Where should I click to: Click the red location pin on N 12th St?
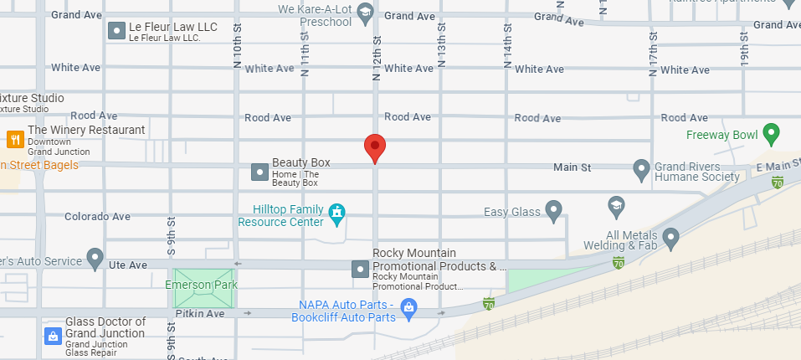point(375,147)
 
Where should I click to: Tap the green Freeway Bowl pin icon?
point(771,133)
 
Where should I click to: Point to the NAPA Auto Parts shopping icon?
point(408,307)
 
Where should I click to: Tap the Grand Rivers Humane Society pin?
point(642,169)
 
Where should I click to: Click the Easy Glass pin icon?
point(553,209)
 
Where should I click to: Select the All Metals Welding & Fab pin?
point(670,239)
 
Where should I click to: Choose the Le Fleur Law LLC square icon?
point(116,32)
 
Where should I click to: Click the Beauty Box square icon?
point(259,172)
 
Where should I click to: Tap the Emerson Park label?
point(201,285)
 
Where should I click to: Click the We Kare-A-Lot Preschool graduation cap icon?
point(364,12)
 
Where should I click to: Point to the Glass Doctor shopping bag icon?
point(52,337)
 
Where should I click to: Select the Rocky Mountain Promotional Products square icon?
point(360,269)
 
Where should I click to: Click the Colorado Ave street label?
point(97,217)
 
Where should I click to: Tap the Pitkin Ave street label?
point(200,314)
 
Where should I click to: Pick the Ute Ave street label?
point(128,265)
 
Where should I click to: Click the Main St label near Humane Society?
point(573,168)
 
